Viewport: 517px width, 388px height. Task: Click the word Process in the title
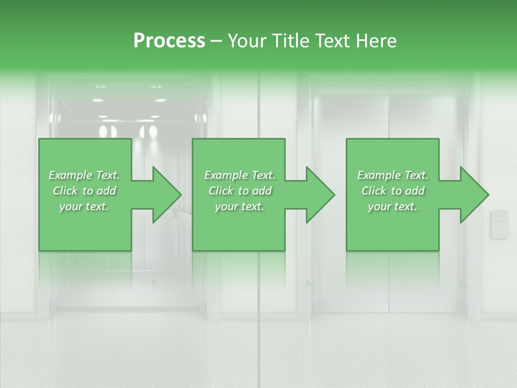(x=169, y=41)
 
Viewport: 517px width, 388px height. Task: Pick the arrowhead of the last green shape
(x=471, y=195)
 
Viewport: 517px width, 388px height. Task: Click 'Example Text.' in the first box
(x=85, y=175)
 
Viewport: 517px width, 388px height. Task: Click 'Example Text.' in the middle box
(x=240, y=175)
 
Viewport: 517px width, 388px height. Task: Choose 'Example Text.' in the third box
(x=393, y=175)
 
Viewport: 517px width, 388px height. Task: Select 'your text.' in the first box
(x=85, y=206)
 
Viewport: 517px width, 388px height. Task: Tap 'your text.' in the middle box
(x=240, y=206)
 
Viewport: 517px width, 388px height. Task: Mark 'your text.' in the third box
(x=393, y=206)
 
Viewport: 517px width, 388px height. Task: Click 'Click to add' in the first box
(x=85, y=191)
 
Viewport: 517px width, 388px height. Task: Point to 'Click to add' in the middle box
(x=240, y=191)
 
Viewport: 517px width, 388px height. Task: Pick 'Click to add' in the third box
(x=393, y=191)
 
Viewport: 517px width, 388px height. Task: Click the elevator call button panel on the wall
(x=499, y=225)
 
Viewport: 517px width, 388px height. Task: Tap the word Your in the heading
(x=247, y=41)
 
